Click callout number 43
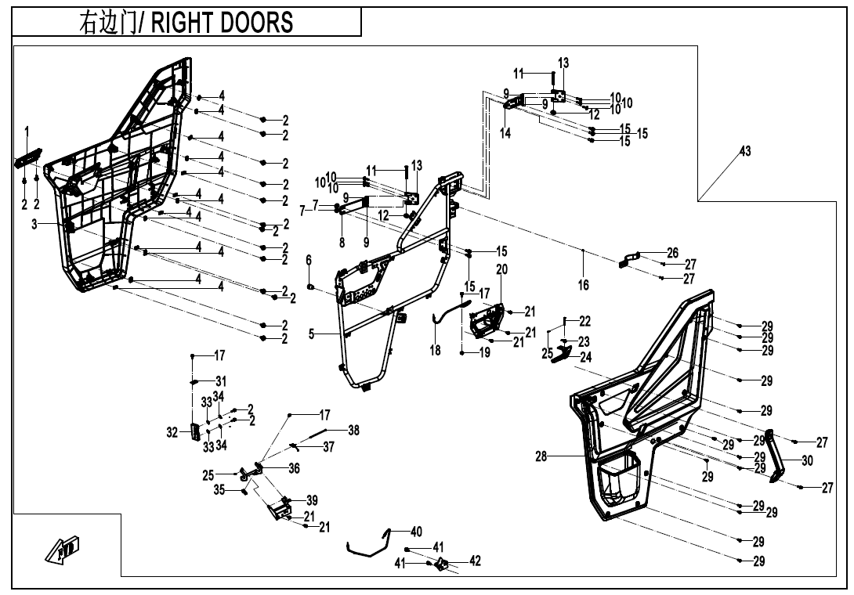click(745, 151)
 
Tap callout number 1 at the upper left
click(27, 129)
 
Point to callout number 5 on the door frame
click(311, 334)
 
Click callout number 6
click(309, 259)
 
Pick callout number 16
click(584, 286)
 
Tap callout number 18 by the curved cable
click(435, 352)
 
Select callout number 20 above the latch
click(501, 269)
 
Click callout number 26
click(672, 253)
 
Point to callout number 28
click(541, 456)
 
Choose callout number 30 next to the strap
click(807, 461)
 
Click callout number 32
click(172, 431)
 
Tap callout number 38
click(354, 430)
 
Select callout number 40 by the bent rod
click(416, 532)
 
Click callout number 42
click(475, 561)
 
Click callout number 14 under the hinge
click(505, 134)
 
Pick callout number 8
click(342, 243)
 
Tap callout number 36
click(294, 468)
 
